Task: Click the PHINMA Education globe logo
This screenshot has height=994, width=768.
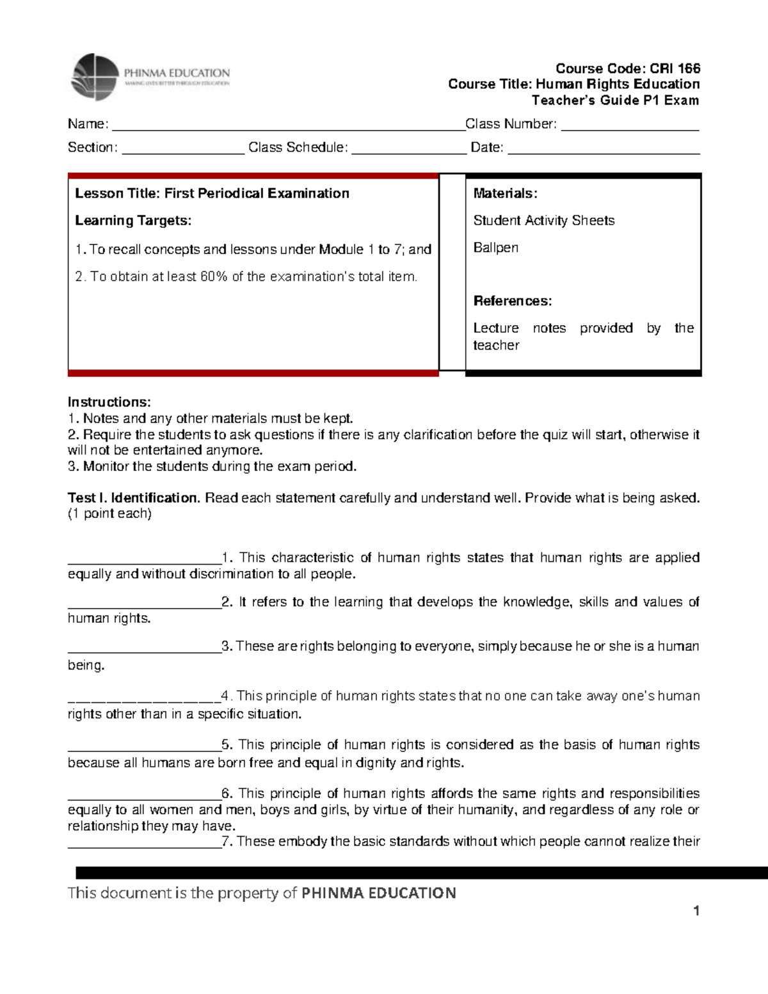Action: coord(95,77)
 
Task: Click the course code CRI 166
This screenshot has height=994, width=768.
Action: coord(675,68)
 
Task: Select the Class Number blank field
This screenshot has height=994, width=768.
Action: coord(630,125)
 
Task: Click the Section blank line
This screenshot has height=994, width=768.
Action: coord(183,149)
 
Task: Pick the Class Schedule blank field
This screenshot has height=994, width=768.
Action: coord(409,149)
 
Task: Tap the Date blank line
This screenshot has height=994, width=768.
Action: coord(604,149)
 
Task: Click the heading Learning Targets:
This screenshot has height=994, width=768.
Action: coord(133,221)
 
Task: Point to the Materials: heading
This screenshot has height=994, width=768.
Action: coord(505,193)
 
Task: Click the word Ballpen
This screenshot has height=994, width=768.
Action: coord(495,248)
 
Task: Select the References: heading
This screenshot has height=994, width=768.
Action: coord(512,301)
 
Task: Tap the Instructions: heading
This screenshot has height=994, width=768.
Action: coord(109,402)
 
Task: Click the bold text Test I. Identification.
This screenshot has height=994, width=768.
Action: coord(134,498)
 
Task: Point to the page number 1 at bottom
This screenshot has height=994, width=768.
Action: coord(696,911)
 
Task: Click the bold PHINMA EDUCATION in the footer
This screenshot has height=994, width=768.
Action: coord(378,893)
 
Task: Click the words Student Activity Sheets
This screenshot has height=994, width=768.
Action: coord(543,221)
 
